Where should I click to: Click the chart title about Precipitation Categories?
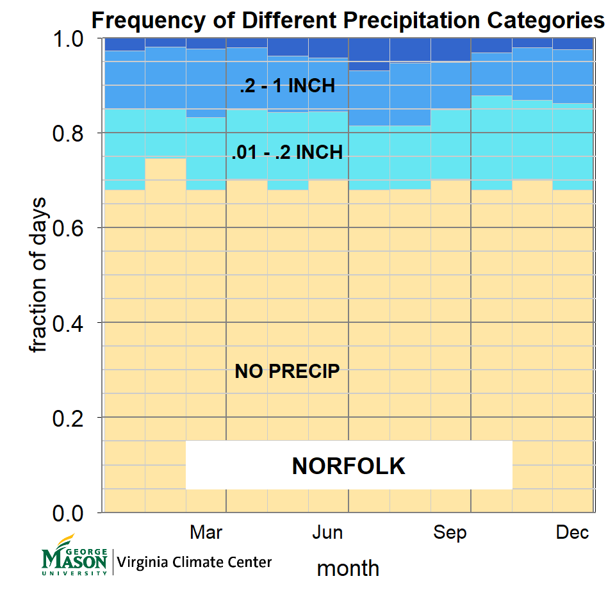click(348, 20)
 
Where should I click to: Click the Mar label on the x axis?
click(206, 532)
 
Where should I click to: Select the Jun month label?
click(327, 532)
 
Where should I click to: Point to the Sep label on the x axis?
click(450, 532)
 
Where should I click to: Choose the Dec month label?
click(572, 532)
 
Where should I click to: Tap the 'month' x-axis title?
click(348, 568)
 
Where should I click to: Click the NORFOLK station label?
click(348, 466)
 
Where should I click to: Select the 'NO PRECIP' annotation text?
click(287, 371)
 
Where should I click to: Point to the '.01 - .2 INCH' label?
click(287, 152)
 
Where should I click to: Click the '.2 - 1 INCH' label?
click(287, 86)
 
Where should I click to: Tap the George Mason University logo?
click(74, 556)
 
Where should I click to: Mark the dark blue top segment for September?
click(450, 50)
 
